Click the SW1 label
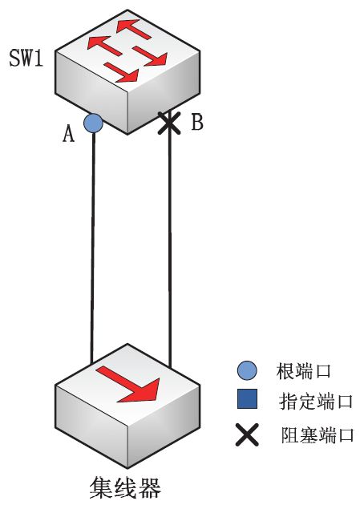pyautogui.click(x=26, y=58)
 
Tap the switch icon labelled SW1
pyautogui.click(x=127, y=72)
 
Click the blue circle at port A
pyautogui.click(x=93, y=123)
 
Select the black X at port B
pyautogui.click(x=169, y=123)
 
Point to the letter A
pyautogui.click(x=68, y=134)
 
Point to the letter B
pyautogui.click(x=197, y=122)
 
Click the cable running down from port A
pyautogui.click(x=93, y=248)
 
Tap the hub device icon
pyautogui.click(x=127, y=406)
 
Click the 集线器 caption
pyautogui.click(x=125, y=488)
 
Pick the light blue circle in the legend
pyautogui.click(x=247, y=370)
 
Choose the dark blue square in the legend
pyautogui.click(x=247, y=398)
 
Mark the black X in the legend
pyautogui.click(x=247, y=434)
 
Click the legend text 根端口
pyautogui.click(x=303, y=371)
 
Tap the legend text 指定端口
pyautogui.click(x=316, y=402)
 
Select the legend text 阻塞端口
pyautogui.click(x=318, y=434)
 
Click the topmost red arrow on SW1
pyautogui.click(x=134, y=30)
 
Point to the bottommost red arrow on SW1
pyautogui.click(x=122, y=72)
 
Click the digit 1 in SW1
pyautogui.click(x=39, y=59)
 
